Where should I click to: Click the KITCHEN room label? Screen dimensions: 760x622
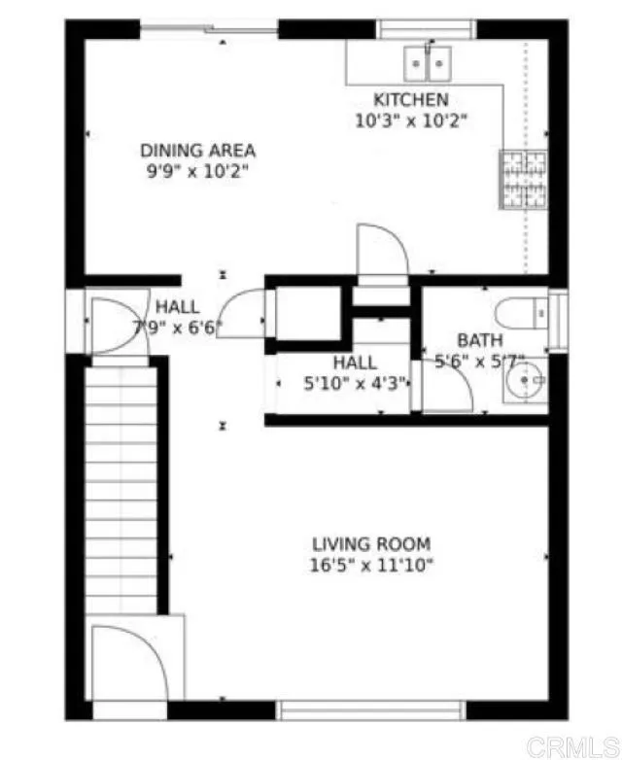tap(411, 100)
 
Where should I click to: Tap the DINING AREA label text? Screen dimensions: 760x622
tap(198, 151)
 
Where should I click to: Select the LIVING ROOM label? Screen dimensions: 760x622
tap(371, 544)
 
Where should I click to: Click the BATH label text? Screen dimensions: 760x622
tap(480, 341)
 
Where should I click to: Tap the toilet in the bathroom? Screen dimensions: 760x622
tap(521, 313)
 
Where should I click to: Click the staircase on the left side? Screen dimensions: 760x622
tap(121, 486)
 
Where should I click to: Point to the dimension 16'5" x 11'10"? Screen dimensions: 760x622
tap(371, 565)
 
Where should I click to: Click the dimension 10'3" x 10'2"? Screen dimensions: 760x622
tap(411, 121)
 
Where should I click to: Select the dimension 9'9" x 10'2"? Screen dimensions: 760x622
tap(198, 171)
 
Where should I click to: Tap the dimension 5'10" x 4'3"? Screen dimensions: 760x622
tap(354, 383)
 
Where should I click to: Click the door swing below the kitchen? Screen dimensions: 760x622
tap(381, 250)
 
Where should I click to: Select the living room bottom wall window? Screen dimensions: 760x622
tap(372, 710)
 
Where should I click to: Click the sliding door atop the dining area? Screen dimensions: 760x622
tap(210, 28)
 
